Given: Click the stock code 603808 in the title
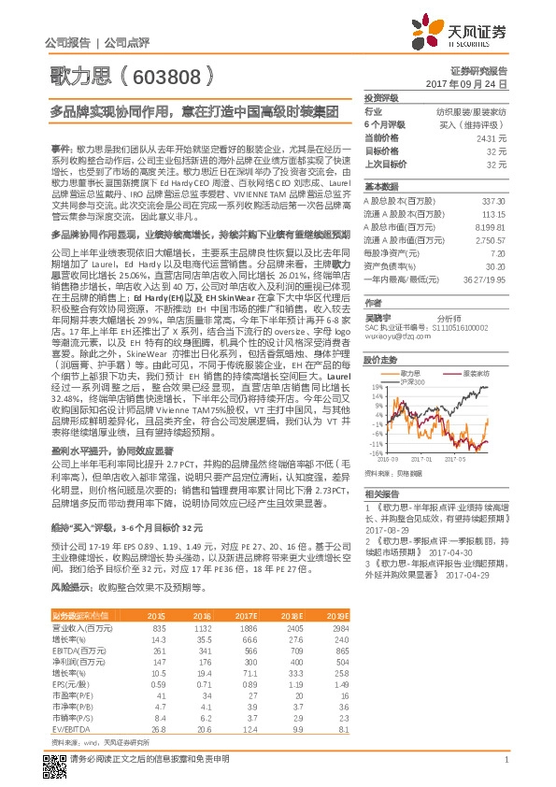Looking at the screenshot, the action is click(172, 74).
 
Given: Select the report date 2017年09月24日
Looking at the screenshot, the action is click(478, 83).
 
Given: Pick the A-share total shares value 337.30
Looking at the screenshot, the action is click(494, 200).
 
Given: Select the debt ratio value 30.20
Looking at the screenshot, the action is click(497, 265).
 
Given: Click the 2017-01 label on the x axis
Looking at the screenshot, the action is click(419, 460).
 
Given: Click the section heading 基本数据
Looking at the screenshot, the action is click(381, 186).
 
